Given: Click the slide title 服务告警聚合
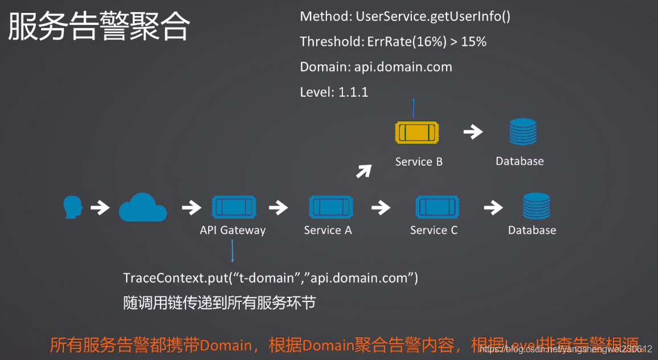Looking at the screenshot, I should [99, 27].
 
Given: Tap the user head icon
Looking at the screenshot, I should [72, 207].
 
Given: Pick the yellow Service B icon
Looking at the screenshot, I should [416, 133].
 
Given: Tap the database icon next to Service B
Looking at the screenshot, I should [522, 132].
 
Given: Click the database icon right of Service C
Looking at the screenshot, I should [536, 207].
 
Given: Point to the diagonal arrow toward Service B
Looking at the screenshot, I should [364, 170].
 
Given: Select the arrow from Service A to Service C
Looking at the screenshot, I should [381, 207].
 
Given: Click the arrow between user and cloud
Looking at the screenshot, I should [100, 207].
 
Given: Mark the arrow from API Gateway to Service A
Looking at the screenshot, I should [278, 207].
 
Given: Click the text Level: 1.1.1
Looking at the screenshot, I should [334, 92].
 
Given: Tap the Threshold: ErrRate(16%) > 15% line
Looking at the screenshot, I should [393, 42].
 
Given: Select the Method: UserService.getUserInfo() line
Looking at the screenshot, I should [405, 17].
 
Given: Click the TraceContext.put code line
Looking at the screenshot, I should [271, 279].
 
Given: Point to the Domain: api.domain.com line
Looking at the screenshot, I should [376, 67].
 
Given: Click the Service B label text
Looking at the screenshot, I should [419, 162].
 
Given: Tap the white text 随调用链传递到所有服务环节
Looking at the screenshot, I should [219, 302].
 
